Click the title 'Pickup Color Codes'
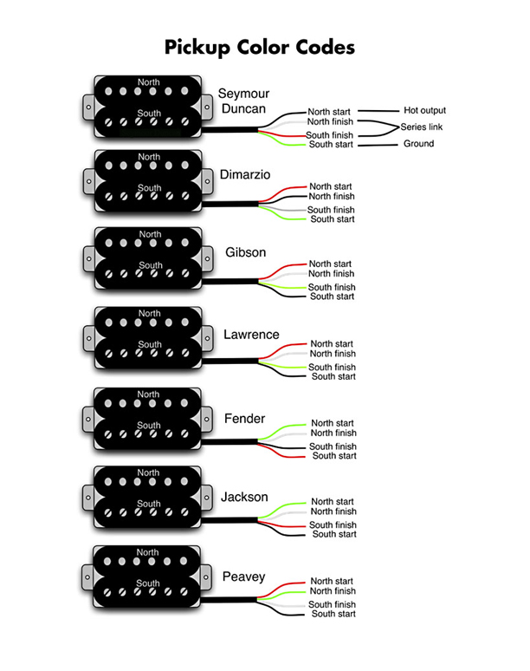[260, 48]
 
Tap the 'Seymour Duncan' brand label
[243, 101]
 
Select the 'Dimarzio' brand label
[245, 174]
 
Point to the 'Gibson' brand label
[246, 252]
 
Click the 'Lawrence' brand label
[251, 335]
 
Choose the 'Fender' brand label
[245, 418]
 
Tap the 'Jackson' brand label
[244, 497]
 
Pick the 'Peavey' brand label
[243, 577]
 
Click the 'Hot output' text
[424, 110]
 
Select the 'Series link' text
[422, 127]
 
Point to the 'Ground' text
[418, 143]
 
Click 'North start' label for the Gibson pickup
[330, 264]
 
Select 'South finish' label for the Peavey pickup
[332, 604]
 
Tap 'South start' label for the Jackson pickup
[334, 534]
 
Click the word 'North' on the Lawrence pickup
[149, 313]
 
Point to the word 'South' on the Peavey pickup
[148, 583]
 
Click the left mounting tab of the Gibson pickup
[89, 258]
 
